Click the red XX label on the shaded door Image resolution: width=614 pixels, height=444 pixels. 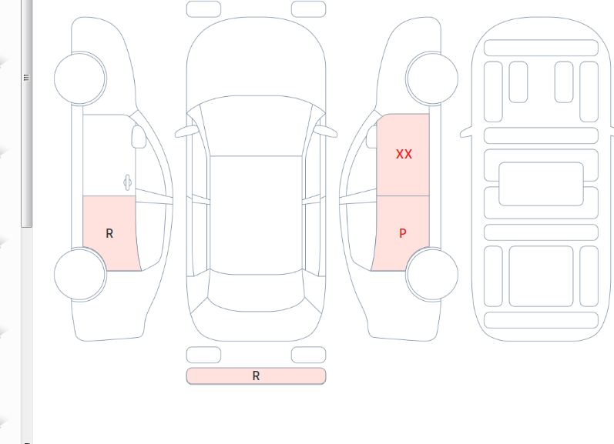click(404, 154)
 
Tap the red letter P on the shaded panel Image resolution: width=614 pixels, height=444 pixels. click(403, 233)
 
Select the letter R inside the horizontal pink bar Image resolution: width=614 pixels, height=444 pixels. click(256, 376)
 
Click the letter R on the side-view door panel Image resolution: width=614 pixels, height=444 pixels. click(109, 233)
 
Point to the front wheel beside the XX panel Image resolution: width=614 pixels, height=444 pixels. click(432, 78)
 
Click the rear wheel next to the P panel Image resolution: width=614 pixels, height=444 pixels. click(432, 274)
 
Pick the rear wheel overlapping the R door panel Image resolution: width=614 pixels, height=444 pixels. click(80, 274)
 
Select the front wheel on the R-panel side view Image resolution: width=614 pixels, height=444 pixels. click(80, 78)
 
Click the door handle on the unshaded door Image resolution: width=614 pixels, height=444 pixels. click(127, 182)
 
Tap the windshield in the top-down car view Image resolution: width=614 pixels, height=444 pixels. click(256, 125)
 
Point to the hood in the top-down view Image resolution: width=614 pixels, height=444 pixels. click(256, 58)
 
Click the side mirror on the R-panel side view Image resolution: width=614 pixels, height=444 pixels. click(138, 136)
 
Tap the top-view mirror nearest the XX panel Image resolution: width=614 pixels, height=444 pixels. click(326, 131)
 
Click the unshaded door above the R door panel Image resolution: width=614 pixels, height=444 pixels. click(109, 155)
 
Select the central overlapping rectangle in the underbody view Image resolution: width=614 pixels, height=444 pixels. click(541, 184)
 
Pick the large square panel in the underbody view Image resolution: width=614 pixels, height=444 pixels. click(541, 276)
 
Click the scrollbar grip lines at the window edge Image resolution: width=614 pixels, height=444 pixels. click(27, 77)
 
